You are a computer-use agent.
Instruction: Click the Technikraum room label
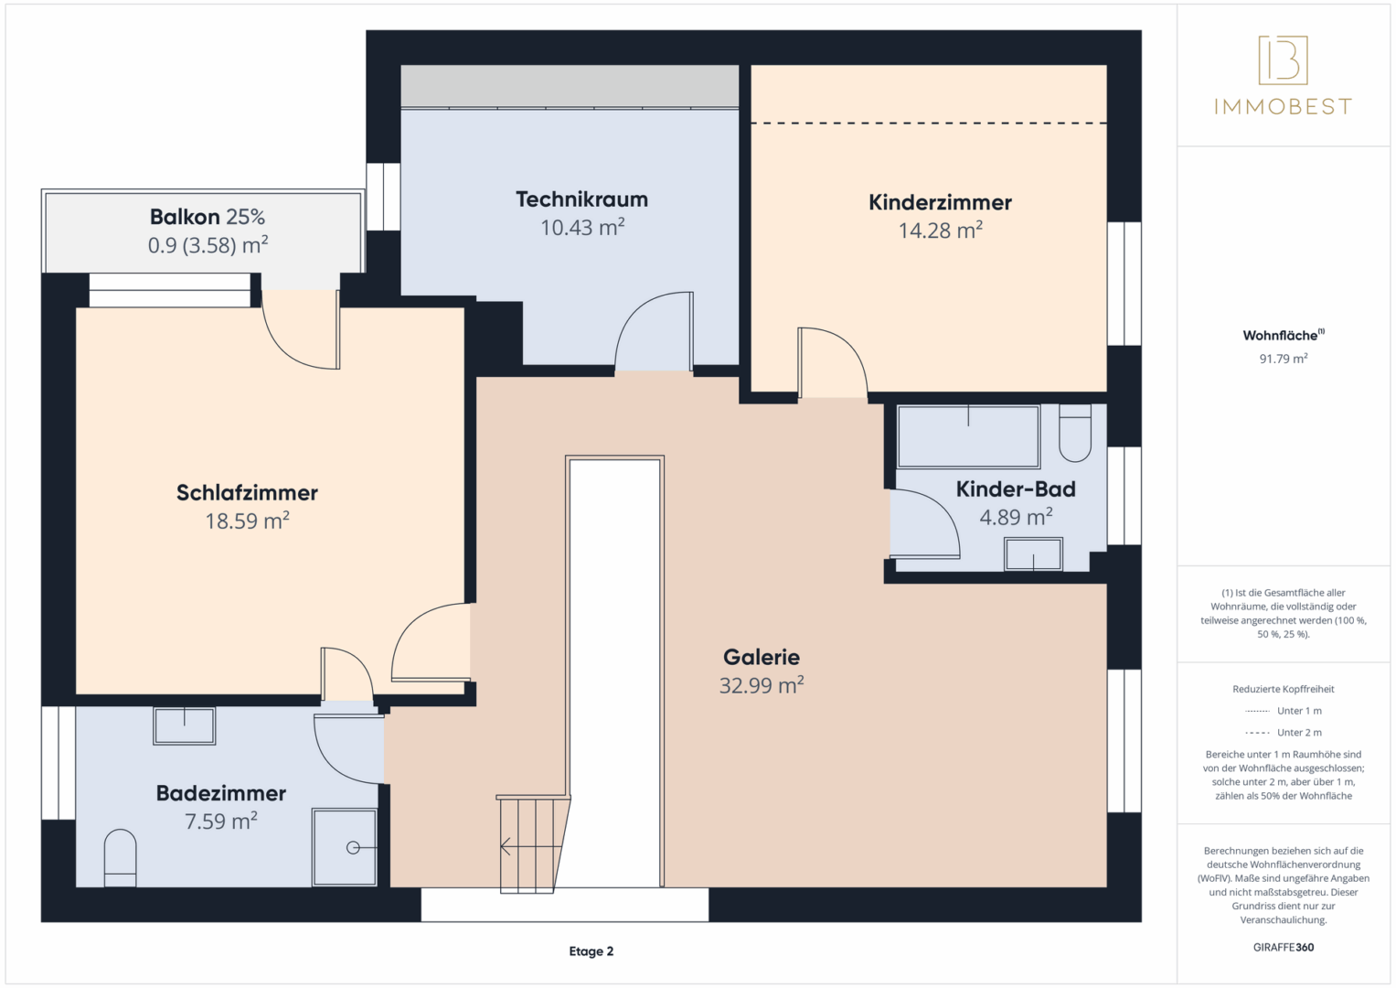582,199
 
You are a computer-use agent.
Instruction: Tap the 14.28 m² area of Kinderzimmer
941,231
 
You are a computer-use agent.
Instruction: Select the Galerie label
761,657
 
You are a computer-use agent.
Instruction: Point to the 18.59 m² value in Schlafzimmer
248,521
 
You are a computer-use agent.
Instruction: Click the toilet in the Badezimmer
121,858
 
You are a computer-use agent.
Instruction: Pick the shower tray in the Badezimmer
345,847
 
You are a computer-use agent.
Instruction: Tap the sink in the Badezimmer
185,726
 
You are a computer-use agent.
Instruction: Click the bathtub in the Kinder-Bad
968,436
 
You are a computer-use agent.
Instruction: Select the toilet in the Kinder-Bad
1075,433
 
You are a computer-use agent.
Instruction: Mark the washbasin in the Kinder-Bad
1033,553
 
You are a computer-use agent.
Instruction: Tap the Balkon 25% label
208,217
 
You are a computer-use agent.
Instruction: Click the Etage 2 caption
591,951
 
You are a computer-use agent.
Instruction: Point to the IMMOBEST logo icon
1284,59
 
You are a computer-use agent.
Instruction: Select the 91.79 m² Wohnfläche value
1284,359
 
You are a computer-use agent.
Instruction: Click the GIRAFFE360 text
1284,948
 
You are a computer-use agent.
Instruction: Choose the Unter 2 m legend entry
1284,732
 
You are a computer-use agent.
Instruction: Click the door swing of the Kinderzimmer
833,362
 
